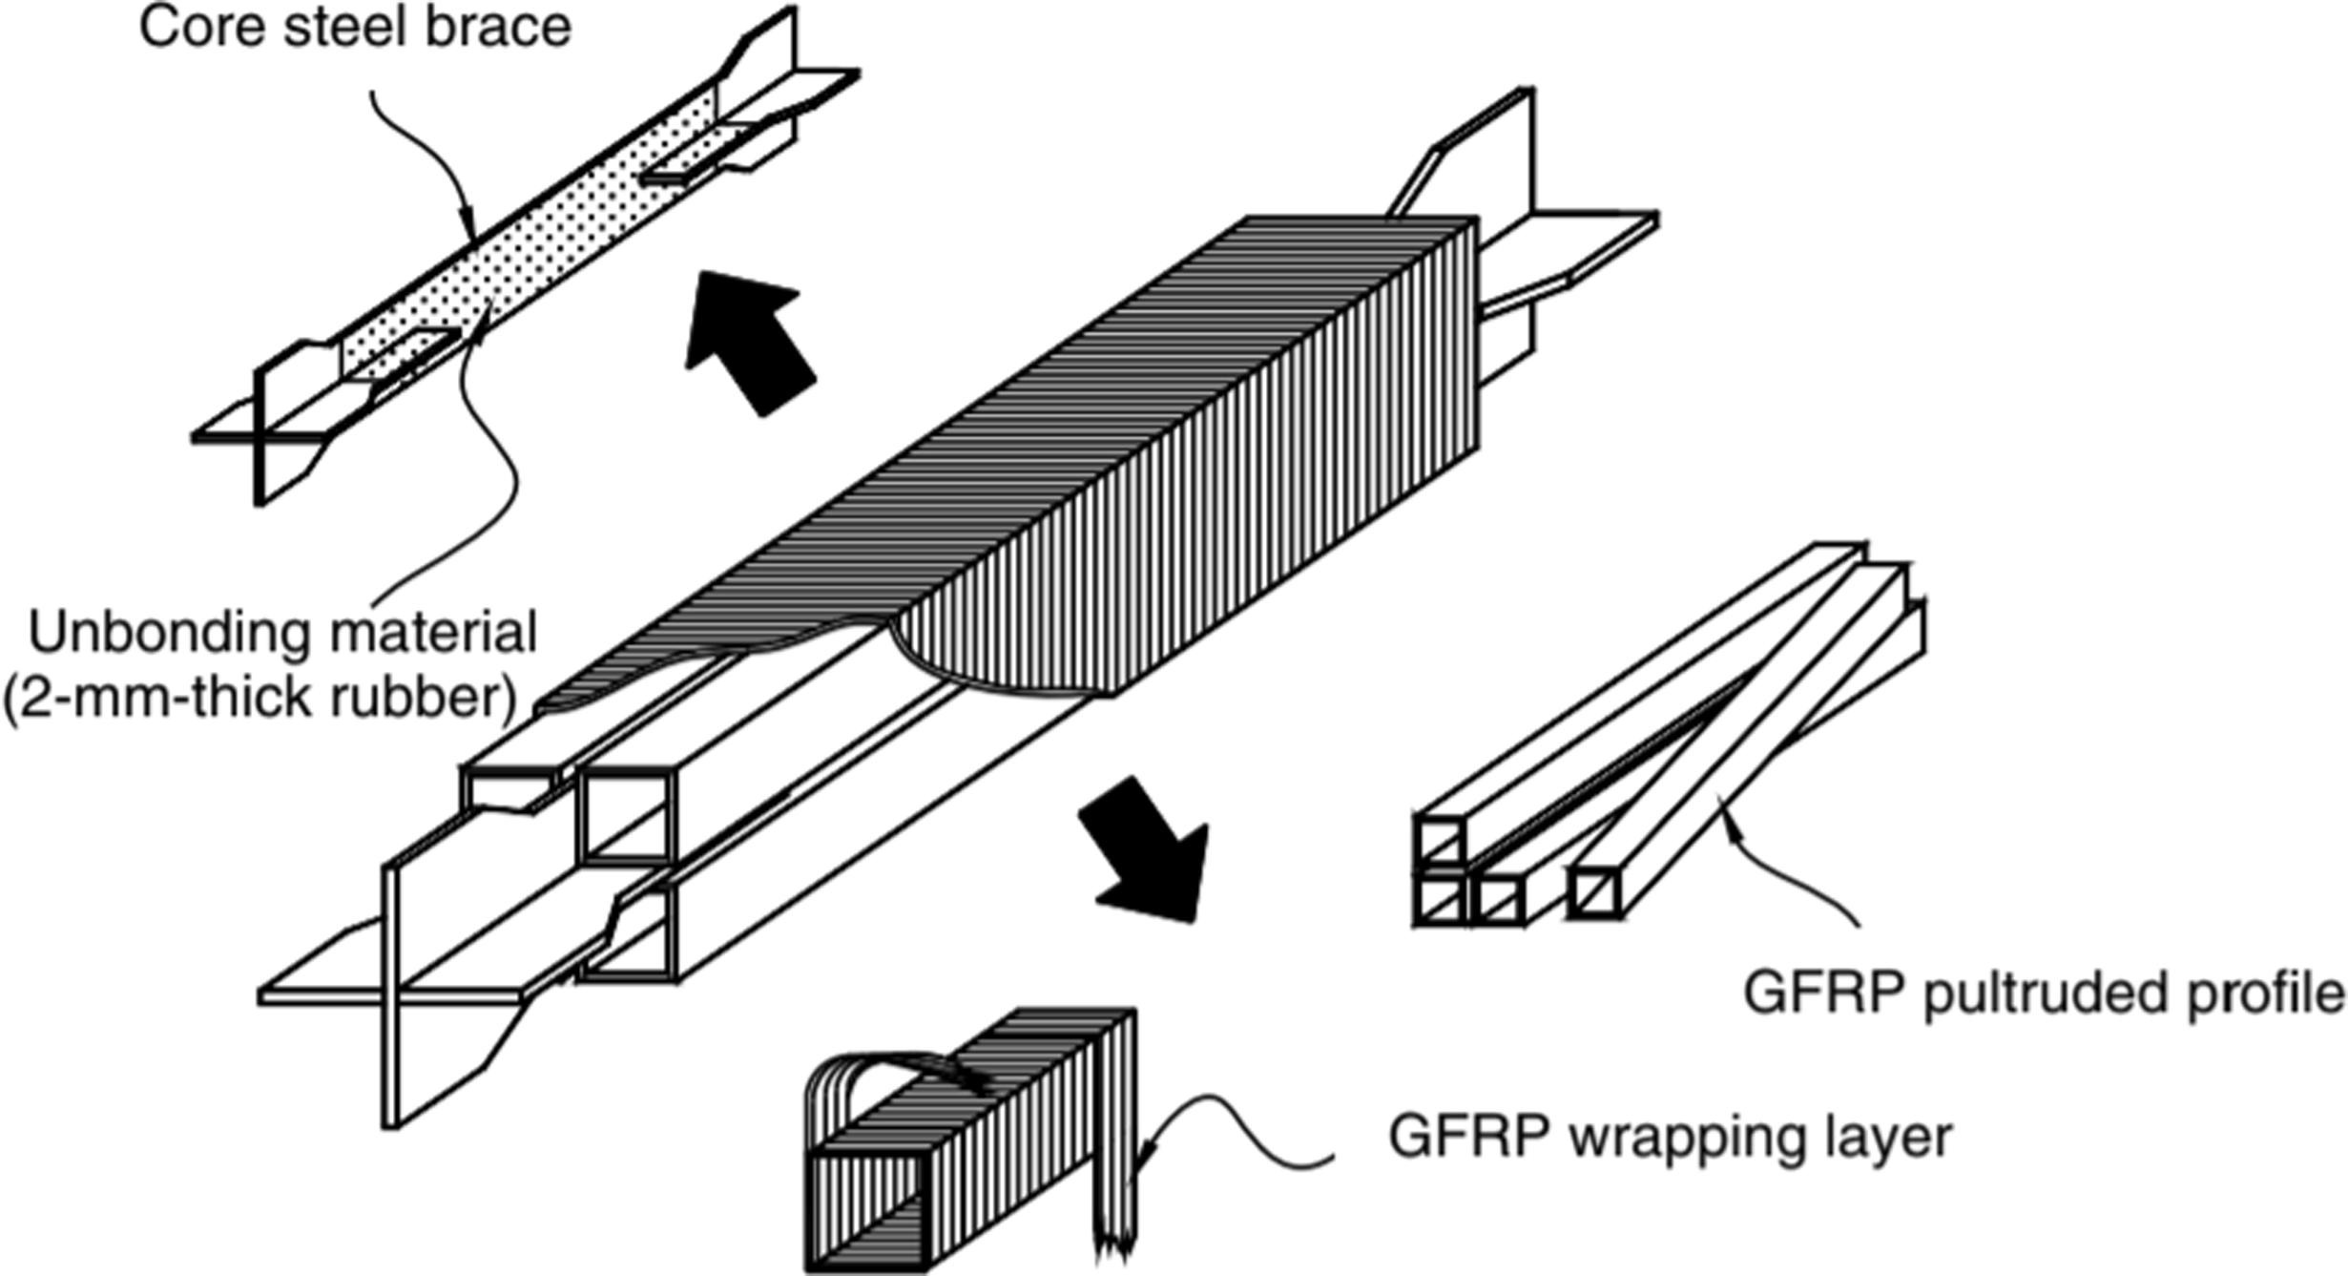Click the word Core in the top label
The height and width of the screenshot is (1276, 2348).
(201, 27)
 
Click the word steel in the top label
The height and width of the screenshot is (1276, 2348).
(336, 27)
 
